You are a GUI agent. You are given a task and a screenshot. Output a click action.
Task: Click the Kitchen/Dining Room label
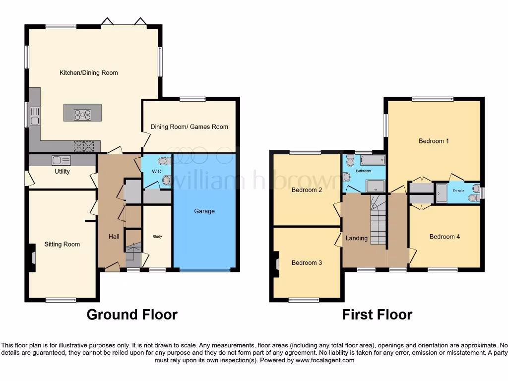pyautogui.click(x=89, y=73)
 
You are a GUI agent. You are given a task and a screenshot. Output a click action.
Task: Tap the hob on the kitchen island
pyautogui.click(x=82, y=115)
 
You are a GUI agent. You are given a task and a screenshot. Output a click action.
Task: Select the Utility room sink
pyautogui.click(x=62, y=160)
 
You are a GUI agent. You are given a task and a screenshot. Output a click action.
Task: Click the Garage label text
pyautogui.click(x=204, y=211)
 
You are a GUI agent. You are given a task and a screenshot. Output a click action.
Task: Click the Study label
pyautogui.click(x=157, y=237)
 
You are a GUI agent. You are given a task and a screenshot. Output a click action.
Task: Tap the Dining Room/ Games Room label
pyautogui.click(x=190, y=127)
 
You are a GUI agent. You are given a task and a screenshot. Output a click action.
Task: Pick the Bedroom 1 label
pyautogui.click(x=434, y=141)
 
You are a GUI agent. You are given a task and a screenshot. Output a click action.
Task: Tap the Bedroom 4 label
pyautogui.click(x=444, y=237)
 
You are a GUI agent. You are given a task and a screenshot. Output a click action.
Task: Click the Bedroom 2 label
pyautogui.click(x=307, y=190)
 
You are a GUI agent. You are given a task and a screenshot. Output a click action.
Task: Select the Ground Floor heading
pyautogui.click(x=132, y=315)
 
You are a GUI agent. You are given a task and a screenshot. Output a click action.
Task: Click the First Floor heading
pyautogui.click(x=377, y=315)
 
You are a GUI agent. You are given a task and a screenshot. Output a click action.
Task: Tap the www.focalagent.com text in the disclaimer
pyautogui.click(x=324, y=360)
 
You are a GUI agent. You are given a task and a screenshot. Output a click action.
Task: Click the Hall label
pyautogui.click(x=114, y=237)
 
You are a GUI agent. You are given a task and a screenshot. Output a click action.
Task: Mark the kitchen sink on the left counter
pyautogui.click(x=34, y=117)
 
